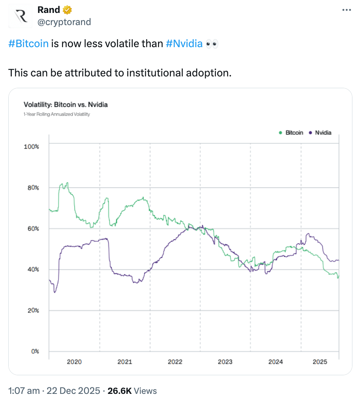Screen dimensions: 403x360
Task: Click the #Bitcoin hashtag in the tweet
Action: [28, 43]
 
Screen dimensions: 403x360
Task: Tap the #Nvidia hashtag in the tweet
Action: [184, 43]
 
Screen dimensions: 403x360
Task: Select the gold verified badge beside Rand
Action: [68, 10]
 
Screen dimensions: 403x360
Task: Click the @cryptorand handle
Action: [64, 22]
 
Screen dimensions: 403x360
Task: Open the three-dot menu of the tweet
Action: [347, 10]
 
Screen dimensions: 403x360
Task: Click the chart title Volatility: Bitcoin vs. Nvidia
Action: [66, 104]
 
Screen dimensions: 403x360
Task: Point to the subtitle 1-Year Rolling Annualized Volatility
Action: [57, 114]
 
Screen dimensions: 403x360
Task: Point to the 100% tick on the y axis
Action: [32, 146]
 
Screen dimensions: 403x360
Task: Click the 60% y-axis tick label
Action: [33, 228]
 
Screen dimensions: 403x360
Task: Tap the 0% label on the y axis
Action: [35, 351]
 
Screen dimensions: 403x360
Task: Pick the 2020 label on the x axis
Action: [74, 362]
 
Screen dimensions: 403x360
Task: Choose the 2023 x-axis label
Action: [225, 362]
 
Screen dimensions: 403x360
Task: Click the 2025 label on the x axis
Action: [320, 362]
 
